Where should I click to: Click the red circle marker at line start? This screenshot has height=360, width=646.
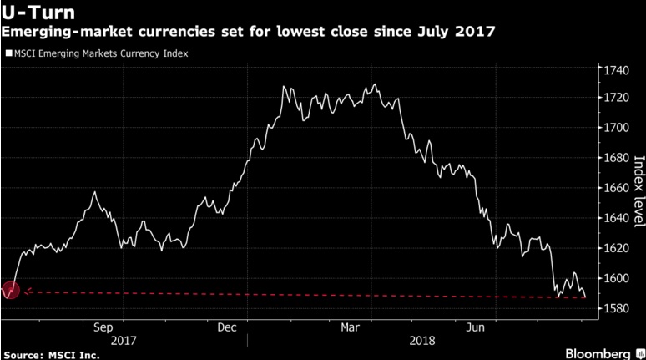10,292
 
